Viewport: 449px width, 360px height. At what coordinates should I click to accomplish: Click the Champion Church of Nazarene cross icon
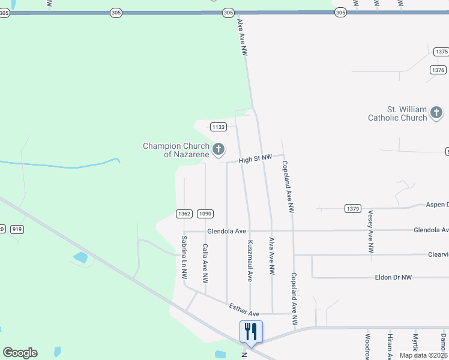click(x=218, y=149)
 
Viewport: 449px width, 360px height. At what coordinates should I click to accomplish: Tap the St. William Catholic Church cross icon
click(x=436, y=112)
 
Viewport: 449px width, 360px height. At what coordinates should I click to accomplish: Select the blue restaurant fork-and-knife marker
click(x=250, y=332)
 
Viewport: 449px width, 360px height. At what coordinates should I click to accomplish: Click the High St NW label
click(x=255, y=159)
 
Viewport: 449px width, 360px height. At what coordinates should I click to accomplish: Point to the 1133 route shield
click(x=218, y=127)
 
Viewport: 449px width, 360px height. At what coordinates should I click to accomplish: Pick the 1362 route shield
click(x=184, y=214)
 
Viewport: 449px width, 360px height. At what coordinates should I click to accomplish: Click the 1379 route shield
click(x=353, y=209)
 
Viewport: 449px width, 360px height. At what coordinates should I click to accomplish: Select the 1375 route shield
click(x=441, y=52)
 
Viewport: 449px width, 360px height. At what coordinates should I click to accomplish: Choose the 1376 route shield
click(x=438, y=70)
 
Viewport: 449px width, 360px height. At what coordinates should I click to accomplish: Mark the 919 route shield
click(x=17, y=229)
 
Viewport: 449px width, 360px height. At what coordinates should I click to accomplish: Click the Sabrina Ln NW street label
click(x=184, y=257)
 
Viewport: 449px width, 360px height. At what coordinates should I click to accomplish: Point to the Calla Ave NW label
click(x=205, y=263)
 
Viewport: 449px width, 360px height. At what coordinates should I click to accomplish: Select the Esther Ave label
click(x=244, y=310)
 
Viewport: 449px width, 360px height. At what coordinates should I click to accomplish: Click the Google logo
click(x=20, y=353)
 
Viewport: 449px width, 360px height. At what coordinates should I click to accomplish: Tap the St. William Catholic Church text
click(x=398, y=113)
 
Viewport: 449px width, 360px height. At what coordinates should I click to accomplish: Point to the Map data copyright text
click(x=424, y=355)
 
